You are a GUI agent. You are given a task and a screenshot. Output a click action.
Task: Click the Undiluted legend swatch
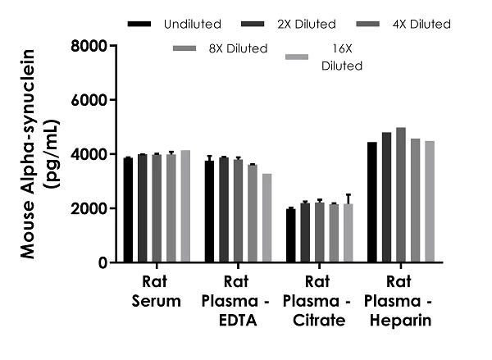(x=141, y=25)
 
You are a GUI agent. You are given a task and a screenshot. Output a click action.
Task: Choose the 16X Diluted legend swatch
(x=299, y=56)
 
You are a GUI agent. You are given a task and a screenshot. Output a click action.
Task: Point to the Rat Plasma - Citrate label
(x=319, y=300)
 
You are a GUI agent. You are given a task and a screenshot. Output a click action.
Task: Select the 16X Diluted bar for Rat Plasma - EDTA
(x=267, y=218)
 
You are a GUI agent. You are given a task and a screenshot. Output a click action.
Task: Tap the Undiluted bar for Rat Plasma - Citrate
(x=290, y=235)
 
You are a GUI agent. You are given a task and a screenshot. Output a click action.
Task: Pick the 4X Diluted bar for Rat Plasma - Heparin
(x=401, y=195)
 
